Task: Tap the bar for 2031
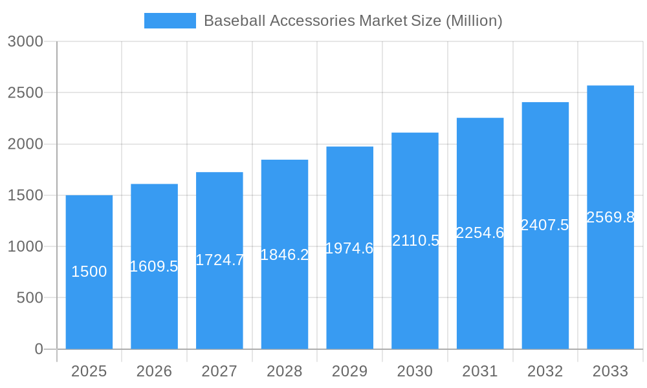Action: (480, 291)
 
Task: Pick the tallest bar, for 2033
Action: (610, 285)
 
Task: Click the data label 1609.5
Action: (154, 266)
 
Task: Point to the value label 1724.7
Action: (219, 260)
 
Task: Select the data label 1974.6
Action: (349, 248)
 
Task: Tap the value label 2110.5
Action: (415, 241)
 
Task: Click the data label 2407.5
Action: (545, 225)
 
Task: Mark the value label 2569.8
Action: (610, 217)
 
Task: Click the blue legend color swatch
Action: (170, 21)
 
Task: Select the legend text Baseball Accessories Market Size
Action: (353, 21)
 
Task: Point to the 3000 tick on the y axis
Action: (25, 41)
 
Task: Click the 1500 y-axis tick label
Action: (25, 195)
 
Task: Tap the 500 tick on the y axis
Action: (30, 298)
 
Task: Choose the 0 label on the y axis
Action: (38, 349)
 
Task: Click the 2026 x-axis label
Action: (154, 371)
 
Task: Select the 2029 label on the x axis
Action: (349, 371)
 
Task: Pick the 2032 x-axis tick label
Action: (545, 371)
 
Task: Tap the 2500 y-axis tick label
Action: (25, 92)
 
